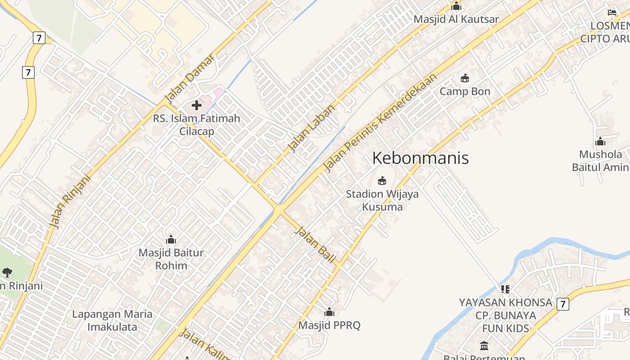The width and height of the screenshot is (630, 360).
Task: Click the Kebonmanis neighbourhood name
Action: click(x=420, y=158)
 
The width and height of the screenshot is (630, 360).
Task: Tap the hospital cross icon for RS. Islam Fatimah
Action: click(x=197, y=105)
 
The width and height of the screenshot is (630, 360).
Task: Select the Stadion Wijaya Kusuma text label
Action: click(x=382, y=200)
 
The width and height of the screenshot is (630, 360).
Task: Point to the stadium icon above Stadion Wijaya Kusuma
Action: click(x=382, y=181)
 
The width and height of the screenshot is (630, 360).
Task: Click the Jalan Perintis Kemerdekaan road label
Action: click(x=380, y=122)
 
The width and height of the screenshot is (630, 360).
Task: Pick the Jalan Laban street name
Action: click(x=311, y=128)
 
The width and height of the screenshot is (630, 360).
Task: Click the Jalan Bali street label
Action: click(x=315, y=245)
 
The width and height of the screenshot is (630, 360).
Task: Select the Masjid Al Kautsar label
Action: click(x=456, y=19)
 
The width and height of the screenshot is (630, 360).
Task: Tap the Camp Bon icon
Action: click(x=465, y=78)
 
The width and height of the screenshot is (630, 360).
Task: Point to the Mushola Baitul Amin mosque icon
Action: click(x=600, y=142)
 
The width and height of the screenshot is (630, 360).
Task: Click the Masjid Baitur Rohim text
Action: click(x=171, y=259)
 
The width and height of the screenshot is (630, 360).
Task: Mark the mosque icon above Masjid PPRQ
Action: click(x=329, y=312)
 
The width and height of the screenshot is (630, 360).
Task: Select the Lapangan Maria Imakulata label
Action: click(x=112, y=320)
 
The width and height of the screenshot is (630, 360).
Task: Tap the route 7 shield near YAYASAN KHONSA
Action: click(x=562, y=304)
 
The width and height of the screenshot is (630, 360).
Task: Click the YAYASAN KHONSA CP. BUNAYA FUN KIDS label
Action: click(x=505, y=315)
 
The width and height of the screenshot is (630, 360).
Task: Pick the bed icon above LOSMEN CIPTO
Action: click(x=612, y=13)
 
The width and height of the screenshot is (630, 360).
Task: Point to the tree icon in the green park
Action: click(x=7, y=272)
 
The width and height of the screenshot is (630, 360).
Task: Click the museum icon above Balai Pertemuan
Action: click(x=484, y=346)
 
